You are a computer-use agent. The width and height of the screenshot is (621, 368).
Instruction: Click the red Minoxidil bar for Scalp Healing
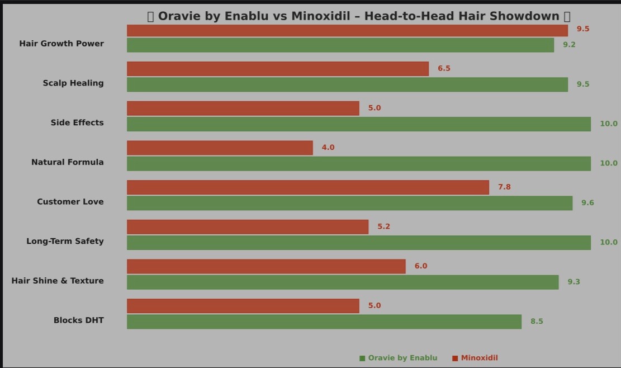click(278, 69)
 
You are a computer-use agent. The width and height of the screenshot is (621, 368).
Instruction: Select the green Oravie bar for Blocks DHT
click(324, 322)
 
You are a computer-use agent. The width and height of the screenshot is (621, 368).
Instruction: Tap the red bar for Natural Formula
click(220, 148)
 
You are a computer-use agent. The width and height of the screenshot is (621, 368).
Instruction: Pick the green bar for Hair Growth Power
click(340, 45)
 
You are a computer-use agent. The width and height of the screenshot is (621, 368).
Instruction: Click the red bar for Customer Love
click(308, 187)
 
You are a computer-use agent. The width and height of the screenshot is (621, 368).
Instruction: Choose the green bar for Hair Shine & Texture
click(343, 282)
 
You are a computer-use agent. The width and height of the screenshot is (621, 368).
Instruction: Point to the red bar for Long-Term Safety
click(248, 227)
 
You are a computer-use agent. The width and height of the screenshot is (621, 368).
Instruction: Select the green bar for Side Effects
click(359, 124)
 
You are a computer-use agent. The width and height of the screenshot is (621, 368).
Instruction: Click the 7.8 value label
click(504, 187)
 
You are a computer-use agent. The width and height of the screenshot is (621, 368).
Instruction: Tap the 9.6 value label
click(587, 202)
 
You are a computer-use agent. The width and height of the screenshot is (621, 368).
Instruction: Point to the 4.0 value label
click(328, 148)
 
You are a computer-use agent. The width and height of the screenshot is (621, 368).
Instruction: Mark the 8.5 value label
click(537, 322)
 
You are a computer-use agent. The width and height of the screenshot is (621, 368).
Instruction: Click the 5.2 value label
click(383, 227)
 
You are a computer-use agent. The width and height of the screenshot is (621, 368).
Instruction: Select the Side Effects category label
click(77, 122)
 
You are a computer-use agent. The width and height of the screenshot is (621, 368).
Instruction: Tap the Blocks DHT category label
click(78, 320)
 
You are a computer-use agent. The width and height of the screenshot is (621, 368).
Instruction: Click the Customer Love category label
click(70, 201)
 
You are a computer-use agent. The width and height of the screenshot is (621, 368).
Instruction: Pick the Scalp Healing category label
click(73, 83)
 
